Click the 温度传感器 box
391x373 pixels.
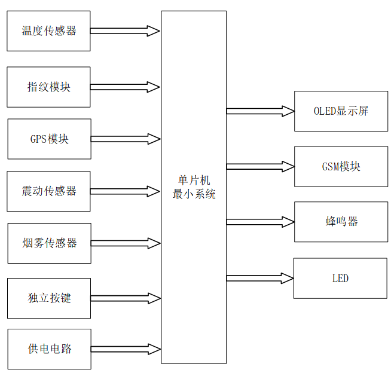coord(48,31)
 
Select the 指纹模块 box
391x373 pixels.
coord(48,87)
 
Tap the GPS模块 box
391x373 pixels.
coord(49,139)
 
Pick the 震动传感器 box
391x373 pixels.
coord(49,191)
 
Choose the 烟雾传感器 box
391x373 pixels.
coord(49,243)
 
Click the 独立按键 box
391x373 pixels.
coord(49,298)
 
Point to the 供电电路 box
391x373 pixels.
coord(49,349)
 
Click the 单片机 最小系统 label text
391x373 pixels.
coord(194,187)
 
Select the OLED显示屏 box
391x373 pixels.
coord(341,111)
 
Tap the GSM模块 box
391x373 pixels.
coord(341,166)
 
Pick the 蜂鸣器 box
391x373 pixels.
coord(341,222)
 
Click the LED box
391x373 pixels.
coord(340,278)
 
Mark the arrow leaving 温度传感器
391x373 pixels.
coord(126,31)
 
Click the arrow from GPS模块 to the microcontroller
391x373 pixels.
coord(126,139)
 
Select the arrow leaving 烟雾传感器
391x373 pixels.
coord(126,243)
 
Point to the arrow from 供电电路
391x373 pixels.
coord(126,349)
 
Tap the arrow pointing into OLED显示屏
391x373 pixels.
coord(260,111)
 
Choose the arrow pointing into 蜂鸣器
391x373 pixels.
coord(260,222)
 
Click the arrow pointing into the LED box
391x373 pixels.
coord(260,278)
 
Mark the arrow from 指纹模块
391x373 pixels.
coord(126,87)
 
